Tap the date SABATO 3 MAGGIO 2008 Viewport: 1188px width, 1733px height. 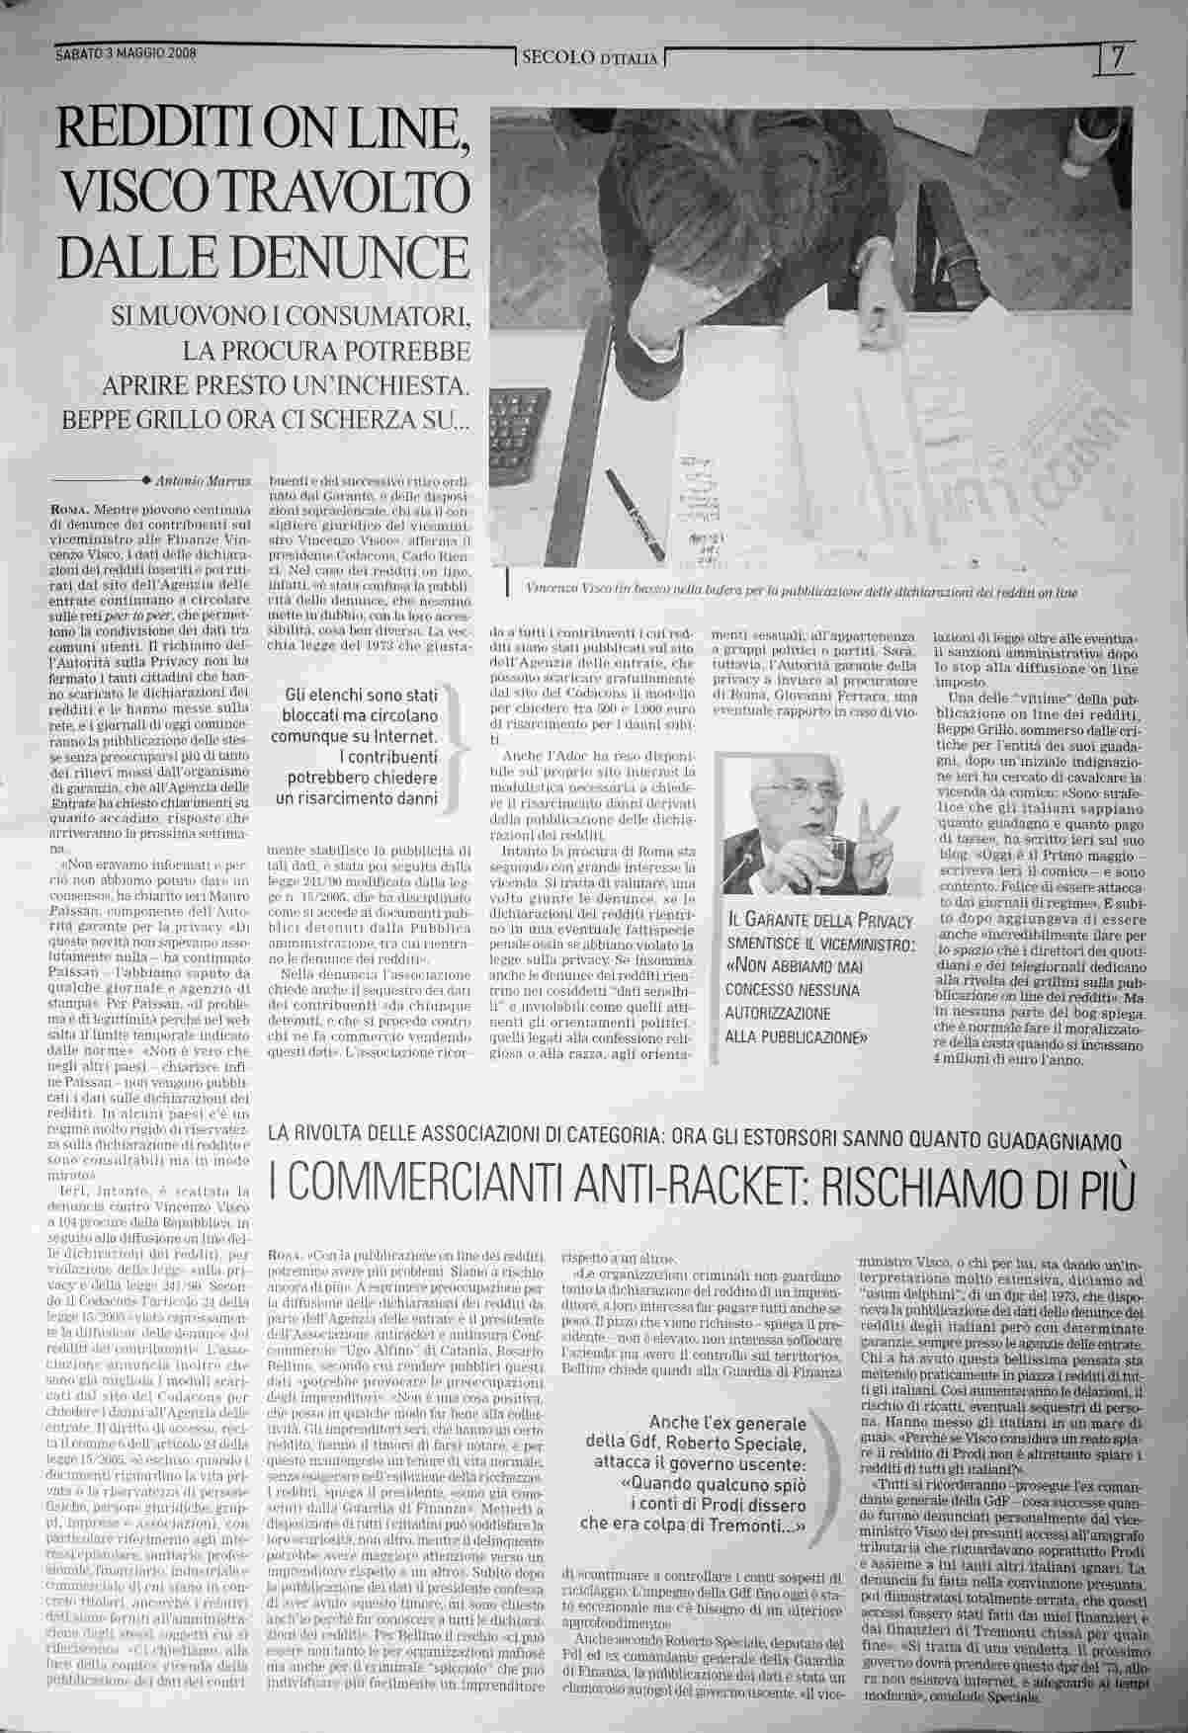click(x=125, y=54)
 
